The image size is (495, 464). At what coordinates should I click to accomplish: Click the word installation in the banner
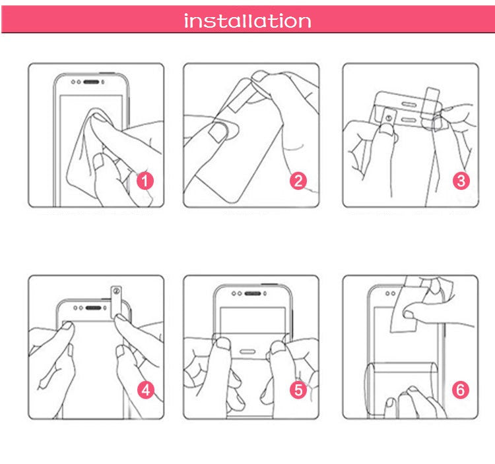pos(247,21)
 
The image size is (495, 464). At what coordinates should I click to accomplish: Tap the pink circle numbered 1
pos(145,180)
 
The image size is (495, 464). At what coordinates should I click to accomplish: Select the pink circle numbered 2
pos(298,180)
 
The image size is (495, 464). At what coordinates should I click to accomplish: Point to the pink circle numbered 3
pos(461,180)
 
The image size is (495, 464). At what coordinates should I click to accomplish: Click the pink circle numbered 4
pos(145,390)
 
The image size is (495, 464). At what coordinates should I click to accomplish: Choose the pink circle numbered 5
pos(298,390)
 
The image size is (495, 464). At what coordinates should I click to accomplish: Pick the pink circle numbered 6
pos(461,390)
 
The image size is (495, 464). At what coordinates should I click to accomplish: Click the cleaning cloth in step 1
pos(89,142)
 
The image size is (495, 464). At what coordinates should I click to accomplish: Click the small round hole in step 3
pos(387,119)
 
